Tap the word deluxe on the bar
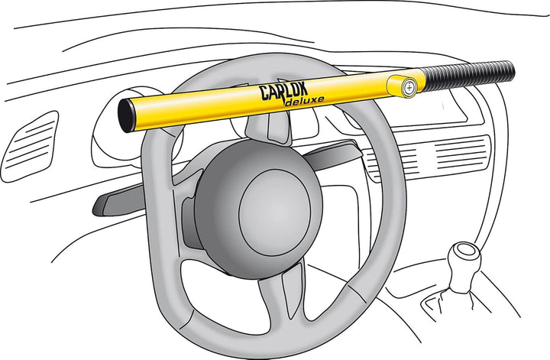point(304,101)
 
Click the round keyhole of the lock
point(409,87)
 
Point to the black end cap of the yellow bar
point(125,115)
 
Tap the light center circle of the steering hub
point(275,212)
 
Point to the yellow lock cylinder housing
point(402,86)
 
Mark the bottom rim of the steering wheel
point(267,342)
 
